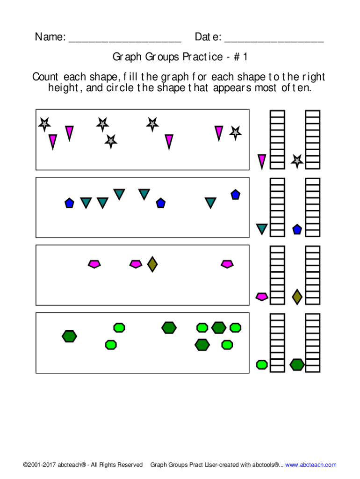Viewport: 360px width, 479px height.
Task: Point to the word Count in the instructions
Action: coord(46,77)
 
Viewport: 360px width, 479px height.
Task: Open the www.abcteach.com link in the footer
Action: coord(310,464)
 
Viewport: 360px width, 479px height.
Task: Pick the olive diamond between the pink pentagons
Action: coord(152,264)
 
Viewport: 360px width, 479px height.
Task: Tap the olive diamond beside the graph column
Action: coord(297,297)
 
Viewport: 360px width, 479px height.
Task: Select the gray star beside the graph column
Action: coord(297,161)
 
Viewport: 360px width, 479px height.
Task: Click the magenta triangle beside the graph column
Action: coord(262,161)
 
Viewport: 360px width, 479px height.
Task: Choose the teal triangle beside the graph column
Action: coord(262,229)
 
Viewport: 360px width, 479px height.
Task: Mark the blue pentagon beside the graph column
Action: coord(297,229)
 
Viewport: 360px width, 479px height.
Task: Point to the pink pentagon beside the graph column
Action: coord(262,296)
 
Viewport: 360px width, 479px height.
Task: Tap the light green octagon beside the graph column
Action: coord(262,364)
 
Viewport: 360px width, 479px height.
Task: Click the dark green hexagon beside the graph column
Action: coord(297,364)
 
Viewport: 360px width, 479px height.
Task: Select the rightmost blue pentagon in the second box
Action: coord(235,195)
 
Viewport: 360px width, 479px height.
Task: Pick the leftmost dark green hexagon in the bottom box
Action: coord(69,336)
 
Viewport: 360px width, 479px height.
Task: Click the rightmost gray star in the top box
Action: coord(235,133)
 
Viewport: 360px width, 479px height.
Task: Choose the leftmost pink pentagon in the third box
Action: coord(94,264)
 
